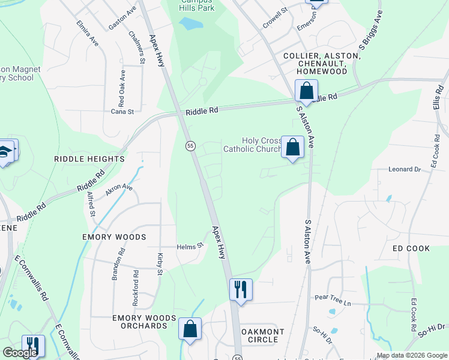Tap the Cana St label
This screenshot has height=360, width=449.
(x=121, y=111)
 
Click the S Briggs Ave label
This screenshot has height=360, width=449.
(x=370, y=33)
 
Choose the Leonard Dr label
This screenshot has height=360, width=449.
(x=405, y=170)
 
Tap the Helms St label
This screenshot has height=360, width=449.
(x=190, y=246)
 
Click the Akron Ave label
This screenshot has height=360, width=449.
(x=119, y=191)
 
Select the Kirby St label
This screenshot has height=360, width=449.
(x=160, y=264)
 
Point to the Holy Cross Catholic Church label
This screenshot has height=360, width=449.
(x=252, y=145)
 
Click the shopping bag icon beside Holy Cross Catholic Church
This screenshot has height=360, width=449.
(x=292, y=148)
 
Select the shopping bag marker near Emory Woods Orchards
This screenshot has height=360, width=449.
(x=190, y=329)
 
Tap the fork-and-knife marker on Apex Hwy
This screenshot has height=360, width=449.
(x=240, y=290)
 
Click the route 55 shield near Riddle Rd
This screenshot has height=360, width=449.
(x=190, y=146)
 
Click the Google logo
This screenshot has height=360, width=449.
(x=20, y=353)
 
